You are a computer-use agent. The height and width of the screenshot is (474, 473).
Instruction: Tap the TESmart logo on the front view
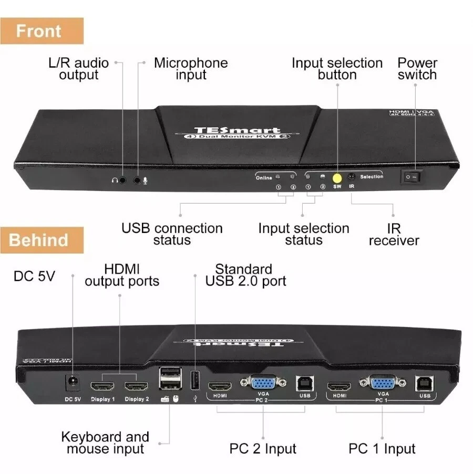[237, 130]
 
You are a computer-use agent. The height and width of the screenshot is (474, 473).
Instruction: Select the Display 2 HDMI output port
[136, 387]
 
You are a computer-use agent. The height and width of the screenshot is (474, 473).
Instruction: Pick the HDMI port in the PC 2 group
[220, 387]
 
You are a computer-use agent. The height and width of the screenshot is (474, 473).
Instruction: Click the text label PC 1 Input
[382, 449]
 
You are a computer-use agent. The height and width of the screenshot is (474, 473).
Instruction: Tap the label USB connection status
[172, 234]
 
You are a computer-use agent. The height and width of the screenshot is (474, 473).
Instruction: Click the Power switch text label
[417, 69]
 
